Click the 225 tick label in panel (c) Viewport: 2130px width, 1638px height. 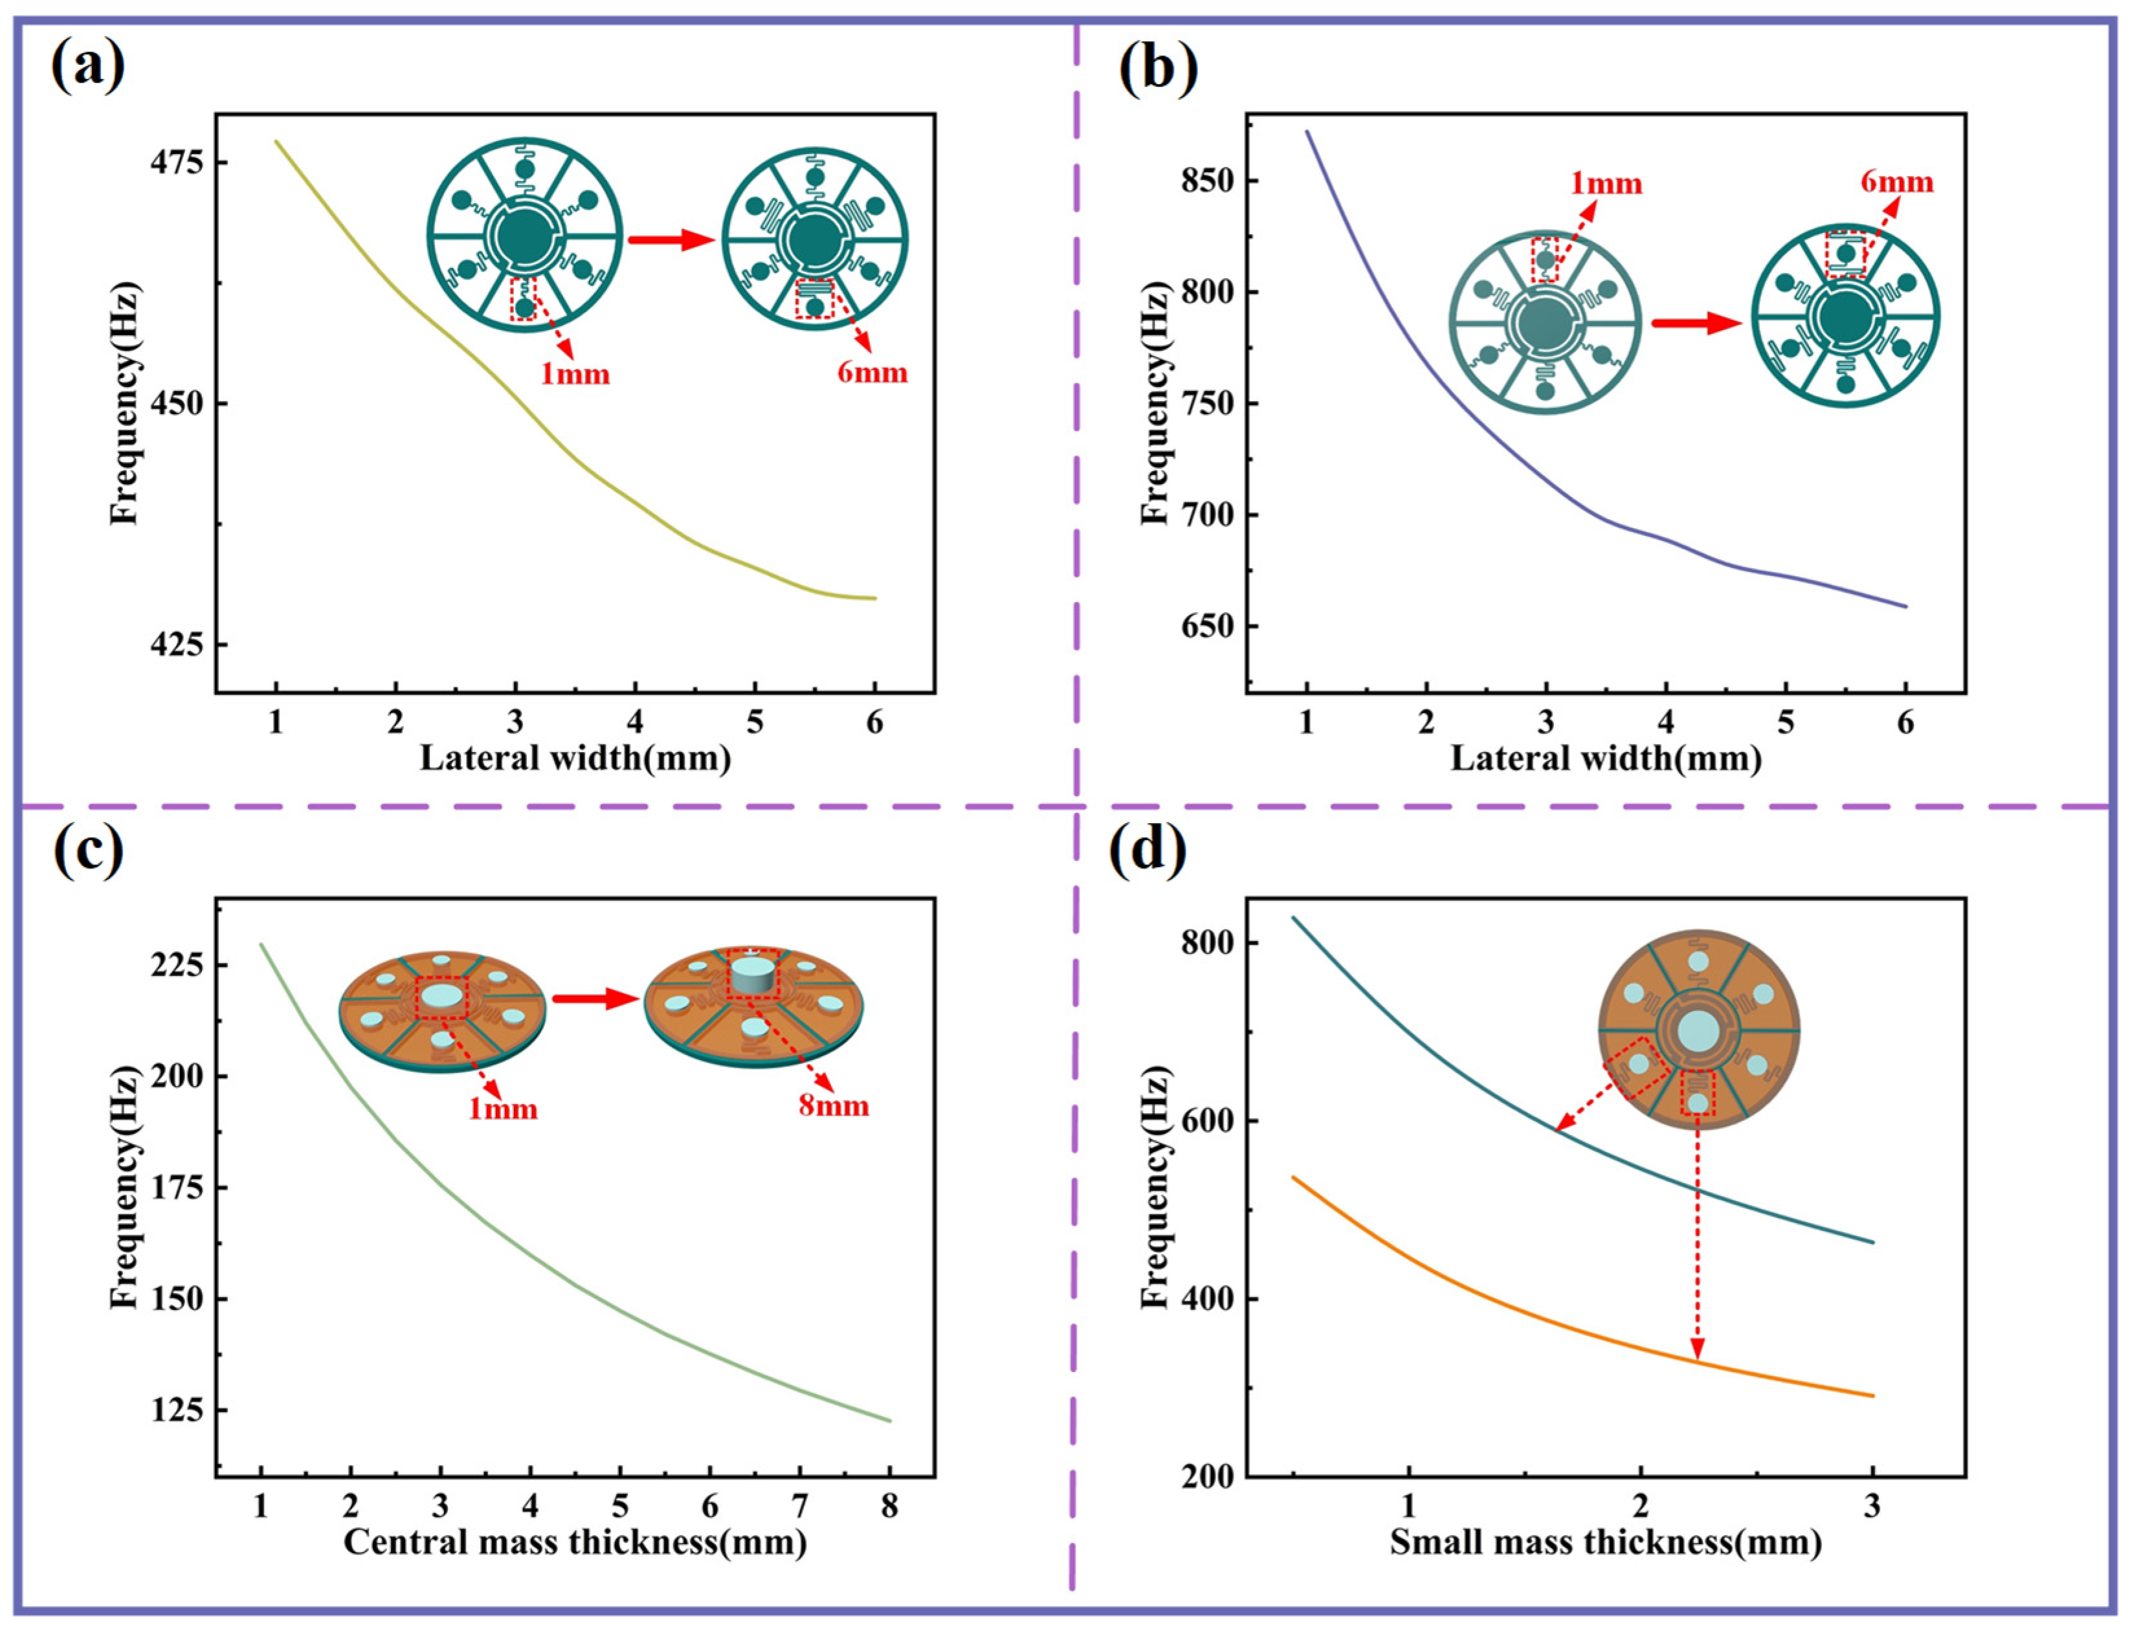click(177, 965)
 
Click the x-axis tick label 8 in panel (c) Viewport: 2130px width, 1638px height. click(889, 1507)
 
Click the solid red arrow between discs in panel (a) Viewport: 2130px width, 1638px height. click(671, 240)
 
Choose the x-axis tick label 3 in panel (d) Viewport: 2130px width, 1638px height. click(1872, 1507)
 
